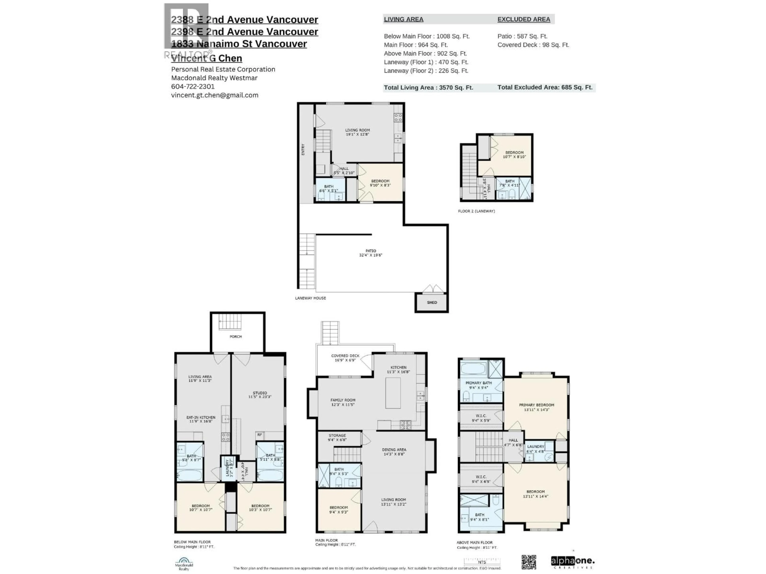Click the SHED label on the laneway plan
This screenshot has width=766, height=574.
pos(432,302)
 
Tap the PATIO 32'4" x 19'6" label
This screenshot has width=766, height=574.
pos(371,253)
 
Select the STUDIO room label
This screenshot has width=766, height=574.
pos(260,395)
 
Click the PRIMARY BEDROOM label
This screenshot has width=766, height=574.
pos(536,407)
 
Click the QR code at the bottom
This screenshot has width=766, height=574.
pos(529,562)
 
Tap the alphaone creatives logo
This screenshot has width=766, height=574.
pos(573,562)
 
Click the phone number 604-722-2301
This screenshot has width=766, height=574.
pos(193,86)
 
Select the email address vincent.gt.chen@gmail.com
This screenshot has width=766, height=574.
pos(215,95)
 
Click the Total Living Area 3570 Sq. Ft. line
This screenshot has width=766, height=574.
pos(428,87)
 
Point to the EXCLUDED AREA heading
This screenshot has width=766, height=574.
pos(524,19)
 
